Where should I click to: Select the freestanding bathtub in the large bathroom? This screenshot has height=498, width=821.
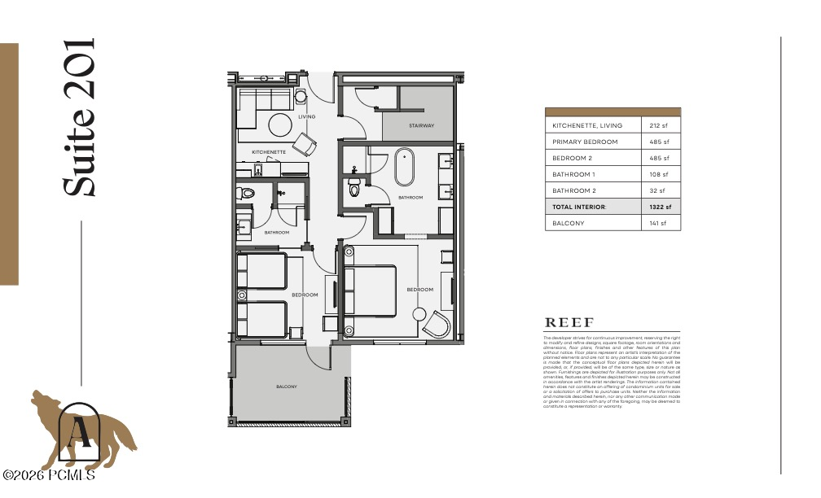[x=405, y=167]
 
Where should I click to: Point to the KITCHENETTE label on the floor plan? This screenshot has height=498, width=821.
[x=268, y=152]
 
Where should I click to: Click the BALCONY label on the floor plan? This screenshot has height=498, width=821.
[x=286, y=387]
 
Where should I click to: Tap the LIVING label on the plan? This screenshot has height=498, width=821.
[x=306, y=117]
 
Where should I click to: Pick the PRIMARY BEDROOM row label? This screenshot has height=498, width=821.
[x=585, y=142]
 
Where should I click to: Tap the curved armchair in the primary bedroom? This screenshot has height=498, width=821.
[x=439, y=324]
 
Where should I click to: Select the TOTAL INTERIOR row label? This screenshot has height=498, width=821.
[x=579, y=207]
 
